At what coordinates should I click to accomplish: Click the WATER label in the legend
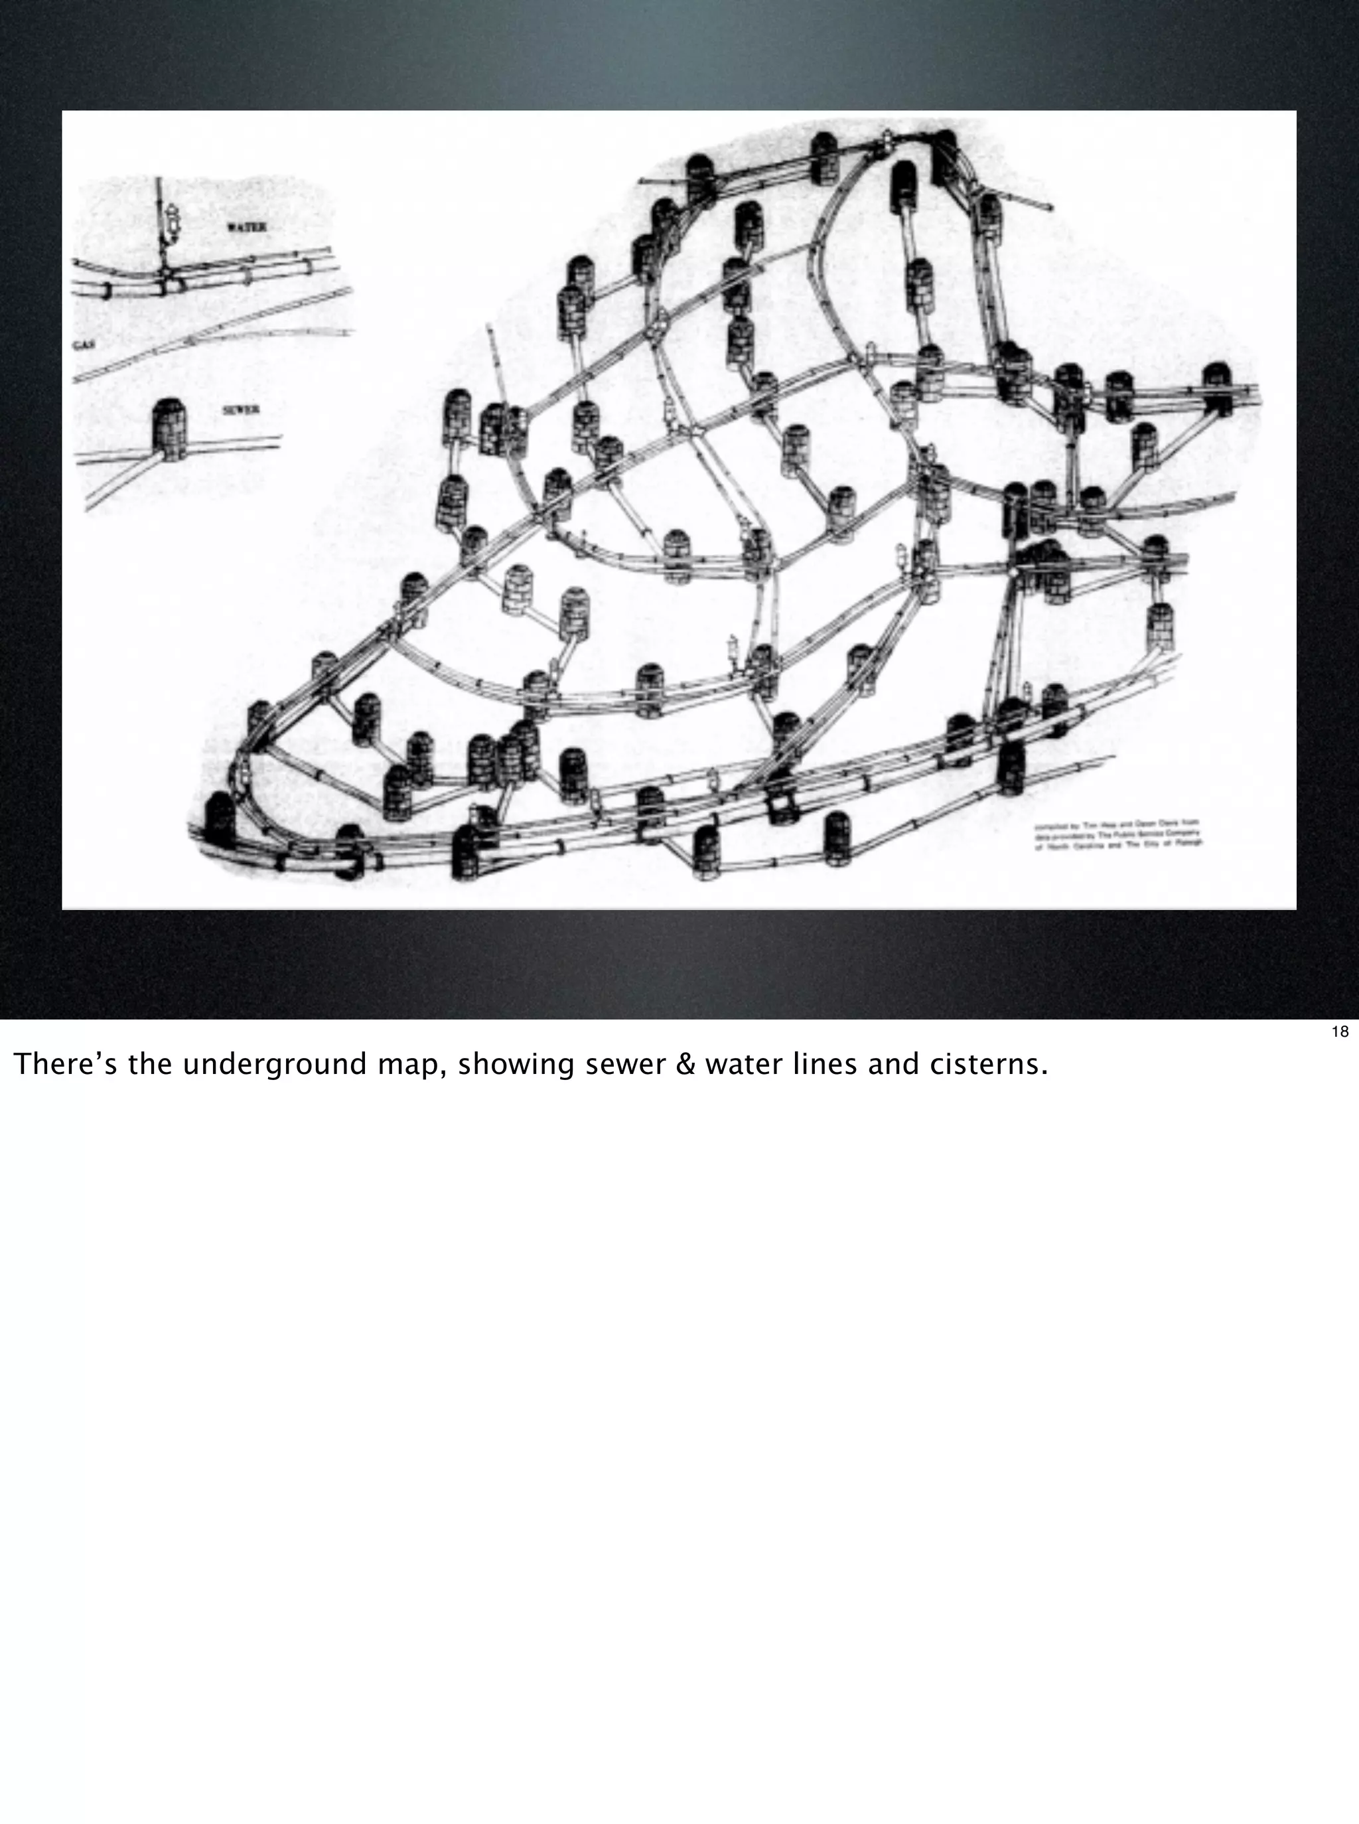[246, 227]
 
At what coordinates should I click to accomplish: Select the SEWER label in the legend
[241, 410]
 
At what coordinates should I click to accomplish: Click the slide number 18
[1339, 1031]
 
